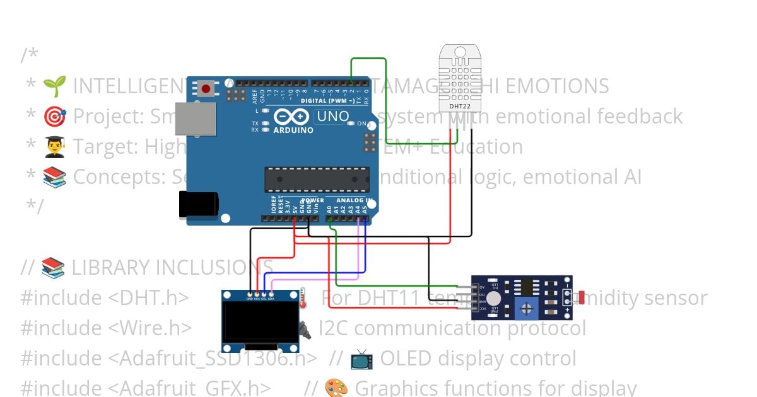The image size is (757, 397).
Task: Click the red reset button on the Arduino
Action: pyautogui.click(x=205, y=88)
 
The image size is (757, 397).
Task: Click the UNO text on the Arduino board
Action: pyautogui.click(x=332, y=117)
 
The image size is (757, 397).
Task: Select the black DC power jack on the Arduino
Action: pyautogui.click(x=199, y=204)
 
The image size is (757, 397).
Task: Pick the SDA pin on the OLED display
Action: pyautogui.click(x=272, y=294)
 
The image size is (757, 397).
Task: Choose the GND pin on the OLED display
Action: pyautogui.click(x=250, y=294)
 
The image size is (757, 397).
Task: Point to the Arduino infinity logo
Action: pyautogui.click(x=291, y=117)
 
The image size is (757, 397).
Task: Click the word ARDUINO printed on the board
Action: pyautogui.click(x=293, y=130)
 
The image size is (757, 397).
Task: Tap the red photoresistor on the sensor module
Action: pyautogui.click(x=581, y=296)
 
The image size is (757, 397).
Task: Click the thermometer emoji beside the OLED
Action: pyautogui.click(x=302, y=297)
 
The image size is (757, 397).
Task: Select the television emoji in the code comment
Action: pyautogui.click(x=361, y=359)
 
